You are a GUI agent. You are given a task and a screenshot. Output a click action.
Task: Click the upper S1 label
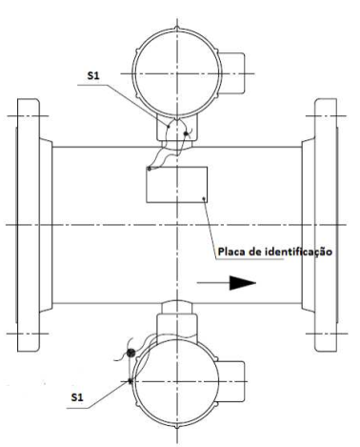pyautogui.click(x=93, y=75)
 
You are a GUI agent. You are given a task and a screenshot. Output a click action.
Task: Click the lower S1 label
pyautogui.click(x=77, y=397)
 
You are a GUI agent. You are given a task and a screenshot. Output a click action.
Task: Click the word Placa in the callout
pyautogui.click(x=230, y=252)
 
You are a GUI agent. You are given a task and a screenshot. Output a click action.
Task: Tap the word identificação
pyautogui.click(x=298, y=252)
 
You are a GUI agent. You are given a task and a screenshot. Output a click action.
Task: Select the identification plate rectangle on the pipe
pyautogui.click(x=177, y=185)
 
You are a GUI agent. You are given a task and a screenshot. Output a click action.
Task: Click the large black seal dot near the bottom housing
pyautogui.click(x=130, y=353)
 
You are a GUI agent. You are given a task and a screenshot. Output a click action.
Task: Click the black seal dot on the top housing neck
pyautogui.click(x=186, y=133)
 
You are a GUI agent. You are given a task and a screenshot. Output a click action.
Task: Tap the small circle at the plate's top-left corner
pyautogui.click(x=149, y=169)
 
